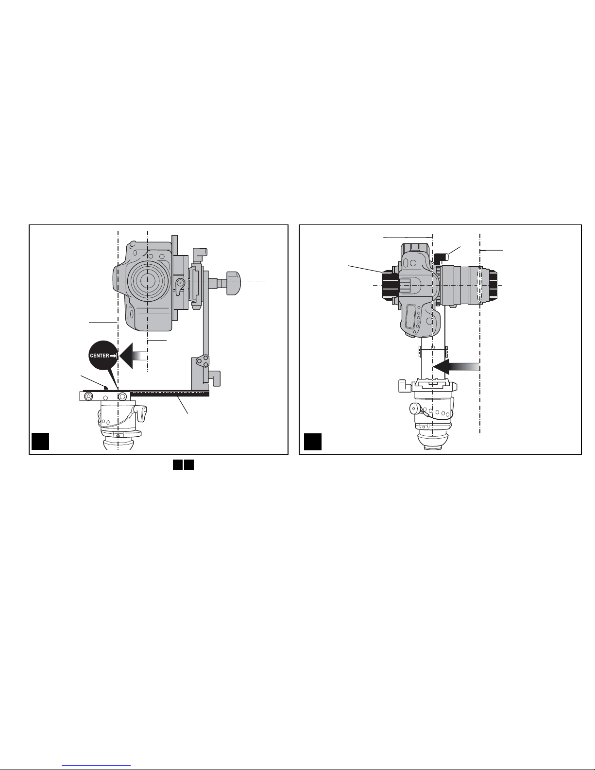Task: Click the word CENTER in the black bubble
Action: pyautogui.click(x=100, y=356)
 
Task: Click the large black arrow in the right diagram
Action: pyautogui.click(x=457, y=367)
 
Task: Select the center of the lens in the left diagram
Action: pyautogui.click(x=148, y=281)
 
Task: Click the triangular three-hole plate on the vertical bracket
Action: pyautogui.click(x=203, y=361)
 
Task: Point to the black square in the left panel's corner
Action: pyautogui.click(x=40, y=441)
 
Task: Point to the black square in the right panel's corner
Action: pyautogui.click(x=313, y=442)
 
